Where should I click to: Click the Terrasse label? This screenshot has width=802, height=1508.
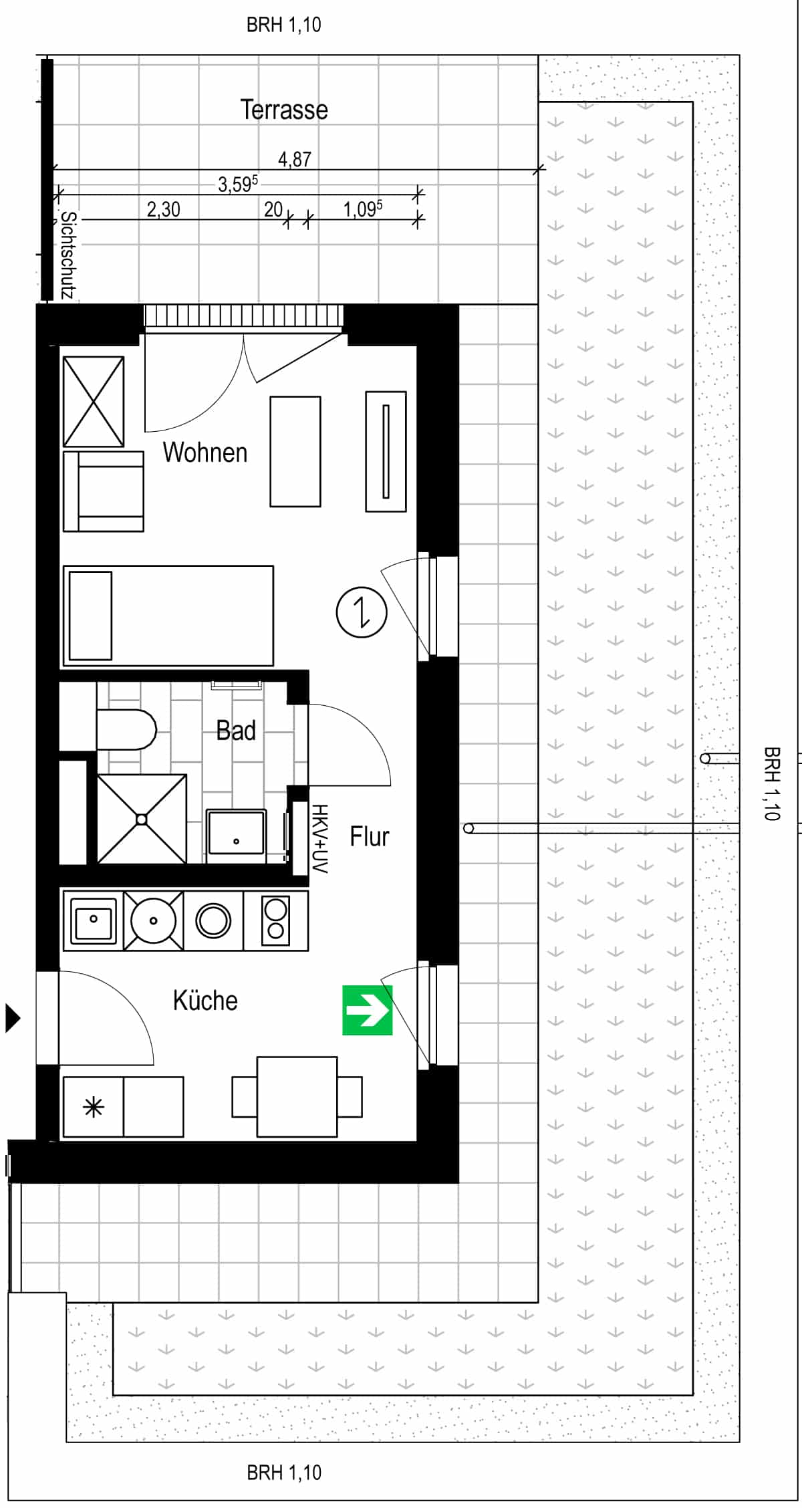tap(284, 110)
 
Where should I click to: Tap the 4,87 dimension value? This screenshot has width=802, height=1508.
tap(295, 159)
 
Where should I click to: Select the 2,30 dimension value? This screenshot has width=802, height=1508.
tap(164, 210)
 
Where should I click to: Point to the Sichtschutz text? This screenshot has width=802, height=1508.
tap(68, 255)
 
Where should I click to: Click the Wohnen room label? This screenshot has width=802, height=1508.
tap(205, 453)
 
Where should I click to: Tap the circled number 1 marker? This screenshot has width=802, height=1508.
tap(362, 612)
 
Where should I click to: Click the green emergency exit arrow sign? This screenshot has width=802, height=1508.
tap(367, 1010)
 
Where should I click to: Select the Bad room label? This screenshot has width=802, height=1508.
tap(236, 731)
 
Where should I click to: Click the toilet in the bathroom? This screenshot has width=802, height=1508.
tap(126, 730)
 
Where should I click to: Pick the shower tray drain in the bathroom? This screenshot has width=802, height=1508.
tap(142, 819)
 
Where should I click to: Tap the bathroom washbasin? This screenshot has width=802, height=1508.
tap(236, 832)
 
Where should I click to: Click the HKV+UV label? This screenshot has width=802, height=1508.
tap(319, 839)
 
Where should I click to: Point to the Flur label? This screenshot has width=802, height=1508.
tap(370, 836)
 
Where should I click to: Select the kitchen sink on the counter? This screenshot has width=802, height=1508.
tap(94, 919)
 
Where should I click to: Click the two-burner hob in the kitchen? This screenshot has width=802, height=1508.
tap(276, 920)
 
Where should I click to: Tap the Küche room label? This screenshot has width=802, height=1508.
tap(205, 1001)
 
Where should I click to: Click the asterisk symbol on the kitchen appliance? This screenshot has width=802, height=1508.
tap(94, 1108)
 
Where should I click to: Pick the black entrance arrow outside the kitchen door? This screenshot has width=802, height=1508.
tap(13, 1019)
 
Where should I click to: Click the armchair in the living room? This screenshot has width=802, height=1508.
tap(104, 491)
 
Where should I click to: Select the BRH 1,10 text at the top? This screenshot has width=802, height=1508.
tap(284, 25)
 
